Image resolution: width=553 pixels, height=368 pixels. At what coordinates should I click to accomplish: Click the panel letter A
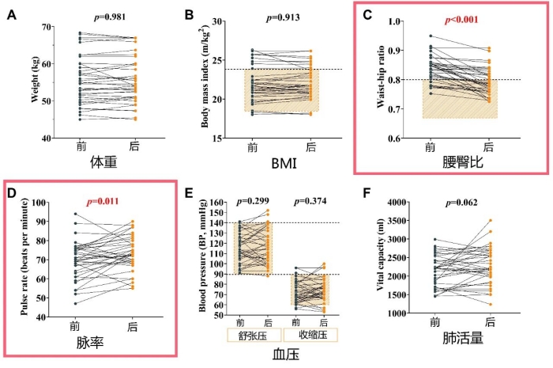coord(12,14)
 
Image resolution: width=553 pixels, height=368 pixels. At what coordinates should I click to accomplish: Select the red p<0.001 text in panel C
coord(457,20)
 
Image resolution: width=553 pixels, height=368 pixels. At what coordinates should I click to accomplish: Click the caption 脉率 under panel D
coord(102,344)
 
